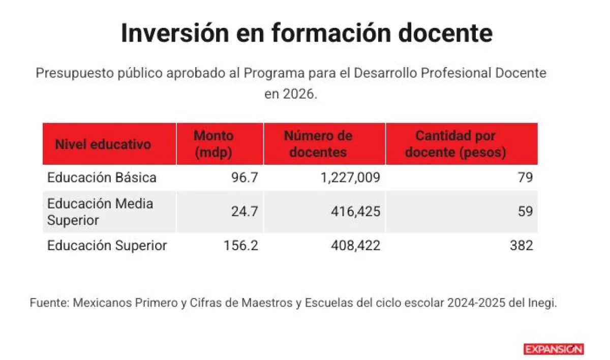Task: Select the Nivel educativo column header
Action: [103, 144]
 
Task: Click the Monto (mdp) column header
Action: [213, 144]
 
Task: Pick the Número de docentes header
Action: [318, 144]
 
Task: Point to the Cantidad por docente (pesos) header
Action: [455, 144]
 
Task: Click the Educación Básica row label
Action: [102, 177]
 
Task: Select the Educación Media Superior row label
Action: [100, 212]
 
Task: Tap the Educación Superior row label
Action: [107, 246]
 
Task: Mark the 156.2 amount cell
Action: [241, 246]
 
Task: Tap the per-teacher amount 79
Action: [526, 177]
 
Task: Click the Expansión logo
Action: [554, 349]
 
